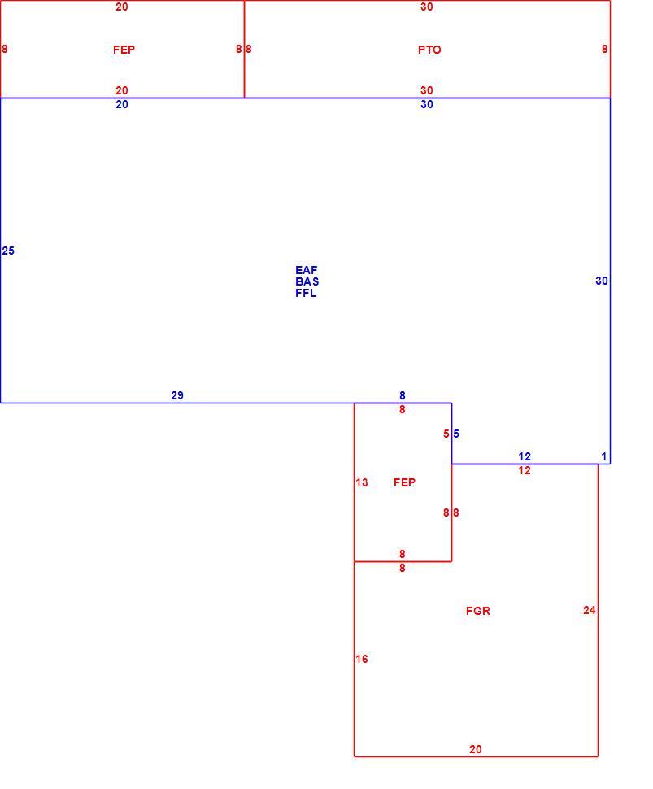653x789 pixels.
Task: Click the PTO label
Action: click(429, 50)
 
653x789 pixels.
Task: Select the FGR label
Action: click(477, 611)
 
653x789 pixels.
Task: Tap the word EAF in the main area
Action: click(306, 270)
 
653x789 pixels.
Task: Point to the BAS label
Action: click(307, 281)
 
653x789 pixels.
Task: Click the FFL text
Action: click(306, 294)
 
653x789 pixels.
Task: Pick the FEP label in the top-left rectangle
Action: click(124, 50)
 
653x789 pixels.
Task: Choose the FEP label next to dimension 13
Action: click(404, 482)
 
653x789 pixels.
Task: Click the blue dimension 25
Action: click(8, 251)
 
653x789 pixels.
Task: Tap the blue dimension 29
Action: click(177, 395)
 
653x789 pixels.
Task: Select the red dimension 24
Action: click(589, 610)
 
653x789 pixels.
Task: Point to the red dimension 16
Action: click(362, 659)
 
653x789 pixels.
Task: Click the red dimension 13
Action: click(362, 482)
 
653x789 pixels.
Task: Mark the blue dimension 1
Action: click(604, 456)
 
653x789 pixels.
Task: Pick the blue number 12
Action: click(525, 456)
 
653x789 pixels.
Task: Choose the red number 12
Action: click(525, 470)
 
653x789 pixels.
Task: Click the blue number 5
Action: click(455, 434)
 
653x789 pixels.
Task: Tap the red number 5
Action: click(446, 434)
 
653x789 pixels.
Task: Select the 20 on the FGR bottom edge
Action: click(476, 749)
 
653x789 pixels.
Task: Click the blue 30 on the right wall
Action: click(602, 281)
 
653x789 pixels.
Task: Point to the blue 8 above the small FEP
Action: click(402, 395)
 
